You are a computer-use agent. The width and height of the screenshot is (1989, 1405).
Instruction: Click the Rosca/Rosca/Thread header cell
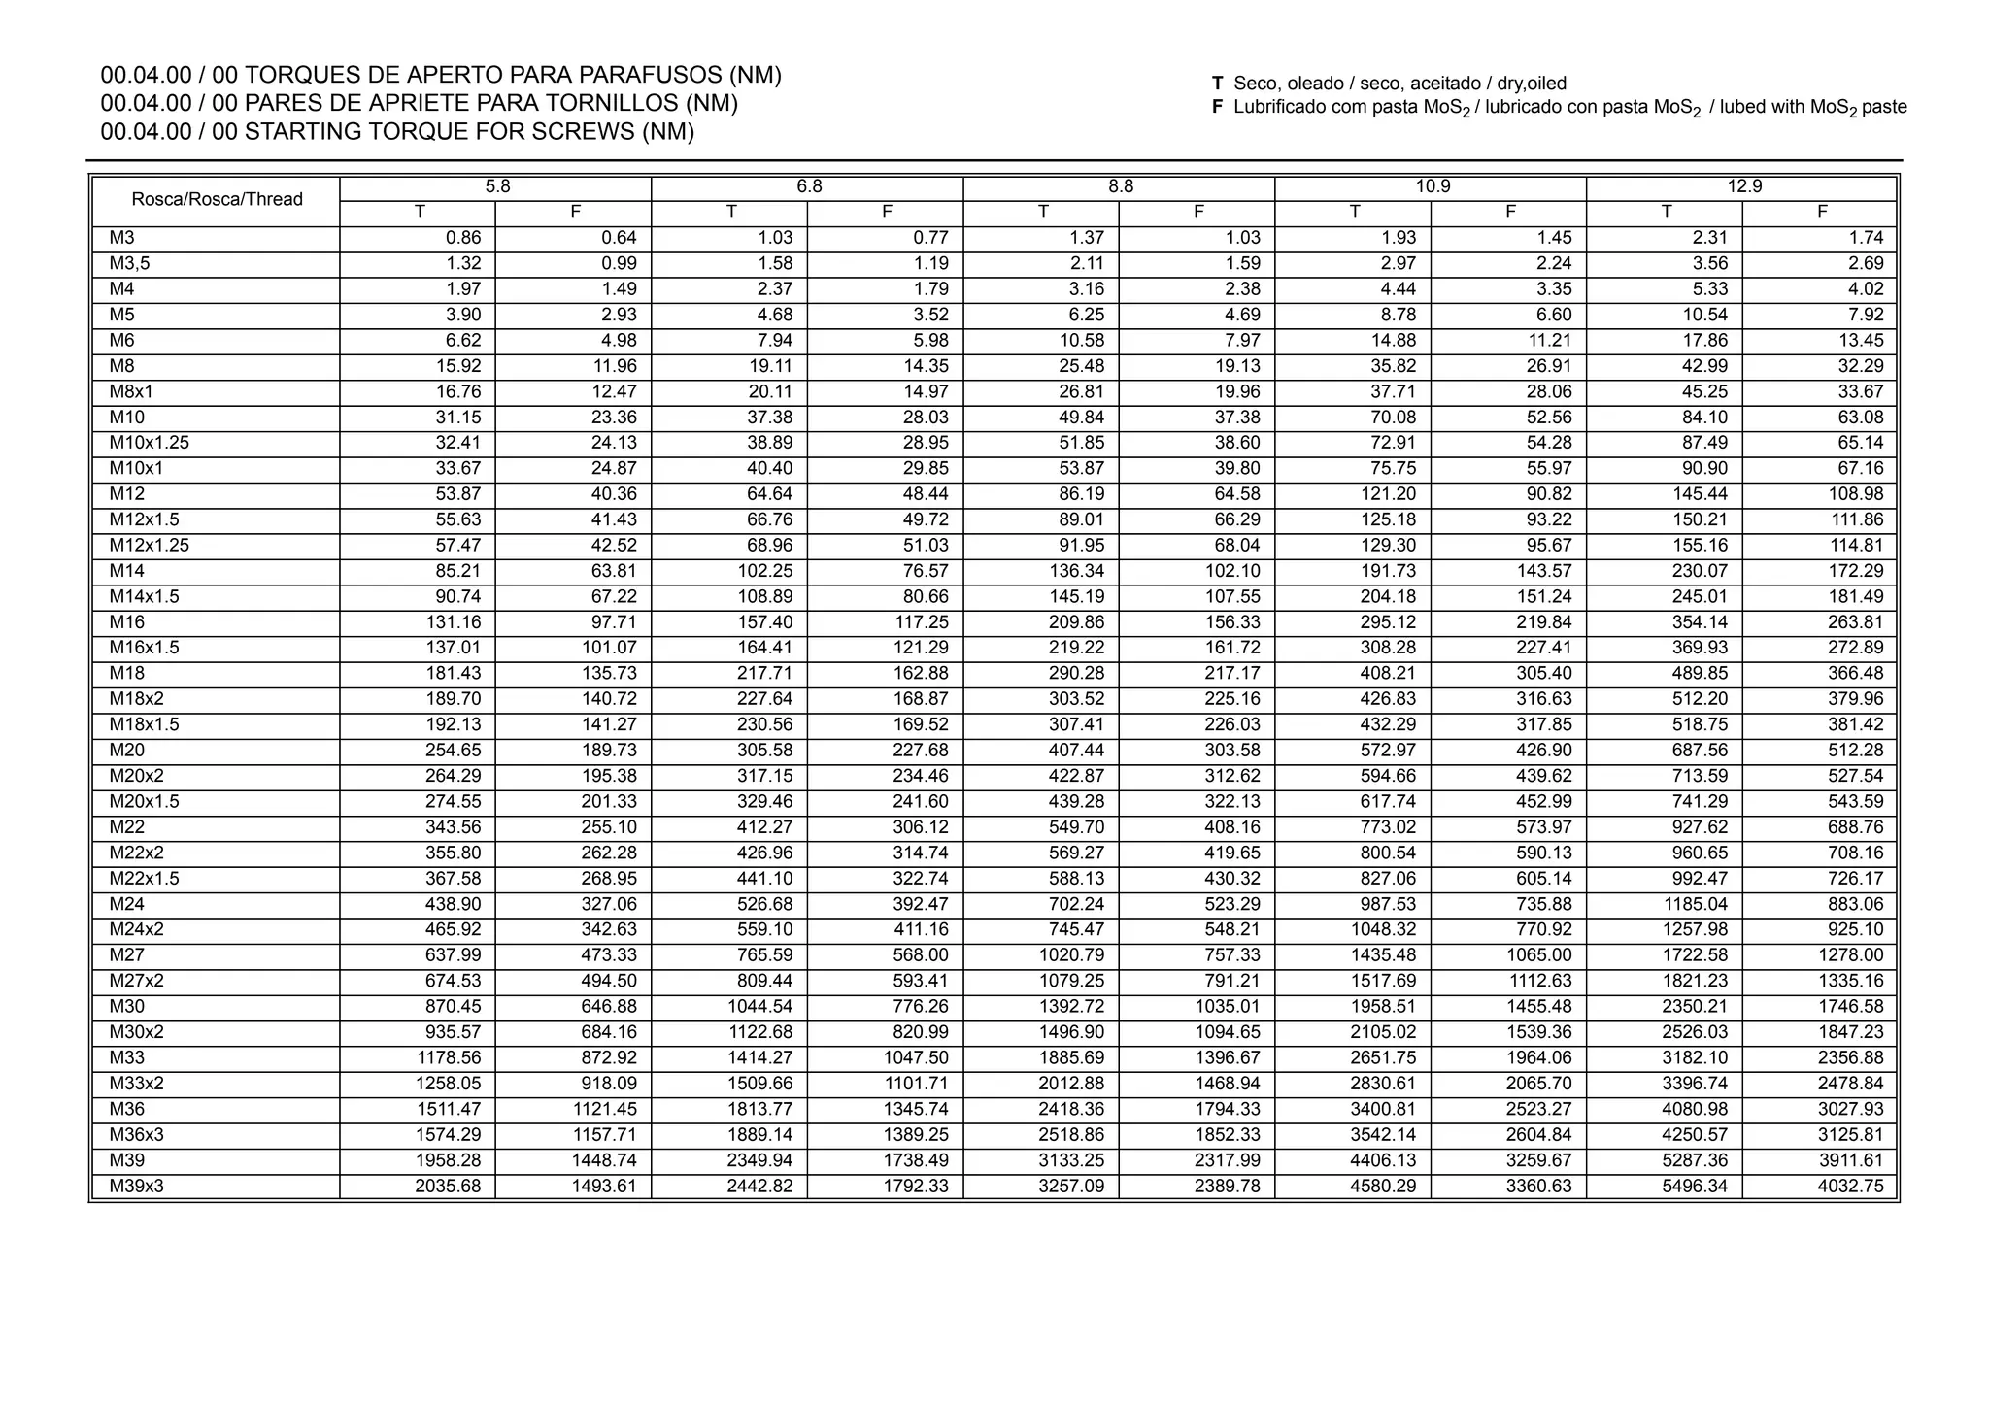pyautogui.click(x=217, y=200)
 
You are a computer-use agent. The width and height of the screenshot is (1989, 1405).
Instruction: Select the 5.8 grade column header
pyautogui.click(x=497, y=187)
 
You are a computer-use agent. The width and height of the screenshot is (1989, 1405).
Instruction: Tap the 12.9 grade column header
pyautogui.click(x=1743, y=187)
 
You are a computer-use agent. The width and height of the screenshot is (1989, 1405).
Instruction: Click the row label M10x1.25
pyautogui.click(x=149, y=443)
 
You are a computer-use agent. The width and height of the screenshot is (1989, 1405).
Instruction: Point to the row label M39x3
pyautogui.click(x=136, y=1186)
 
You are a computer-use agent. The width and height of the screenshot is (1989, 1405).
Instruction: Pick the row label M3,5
pyautogui.click(x=129, y=263)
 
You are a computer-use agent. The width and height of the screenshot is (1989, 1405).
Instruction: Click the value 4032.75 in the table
pyautogui.click(x=1851, y=1186)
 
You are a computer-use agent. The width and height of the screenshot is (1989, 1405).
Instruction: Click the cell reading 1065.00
pyautogui.click(x=1538, y=955)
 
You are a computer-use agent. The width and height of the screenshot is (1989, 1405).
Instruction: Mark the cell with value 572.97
pyautogui.click(x=1383, y=751)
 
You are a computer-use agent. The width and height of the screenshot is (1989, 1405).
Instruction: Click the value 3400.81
pyautogui.click(x=1383, y=1109)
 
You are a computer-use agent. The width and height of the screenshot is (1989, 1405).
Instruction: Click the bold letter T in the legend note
pyautogui.click(x=1218, y=84)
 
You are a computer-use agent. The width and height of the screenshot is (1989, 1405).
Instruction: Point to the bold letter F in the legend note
pyautogui.click(x=1218, y=108)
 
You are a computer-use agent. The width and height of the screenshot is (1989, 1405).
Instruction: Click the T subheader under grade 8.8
pyautogui.click(x=1042, y=213)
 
